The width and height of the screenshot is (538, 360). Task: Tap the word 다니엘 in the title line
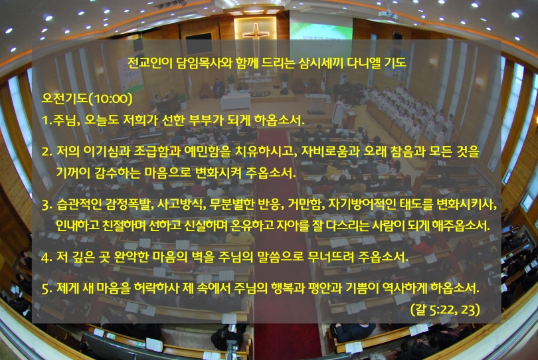point(364,62)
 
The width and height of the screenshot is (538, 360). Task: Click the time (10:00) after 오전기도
point(110,99)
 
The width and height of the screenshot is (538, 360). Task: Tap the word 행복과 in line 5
point(288,288)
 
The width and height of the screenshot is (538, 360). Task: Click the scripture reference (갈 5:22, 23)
point(445,310)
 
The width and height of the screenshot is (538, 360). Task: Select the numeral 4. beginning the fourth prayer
point(47,258)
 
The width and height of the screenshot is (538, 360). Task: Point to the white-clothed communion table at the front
point(235,101)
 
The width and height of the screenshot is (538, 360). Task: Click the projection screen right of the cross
point(321,32)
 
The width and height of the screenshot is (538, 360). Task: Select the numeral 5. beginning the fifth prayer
point(47,289)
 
